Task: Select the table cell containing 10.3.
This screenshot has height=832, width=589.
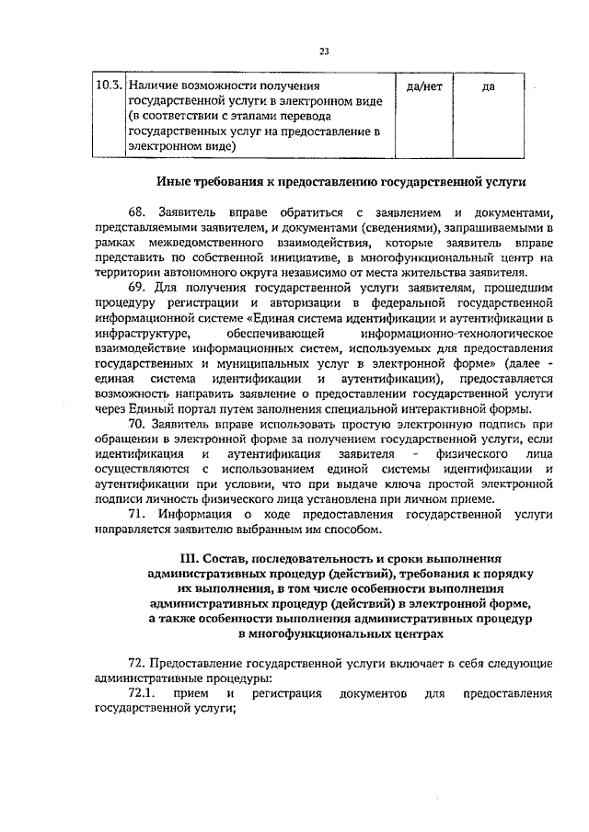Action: (x=110, y=85)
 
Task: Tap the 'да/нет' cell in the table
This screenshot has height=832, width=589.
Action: (x=423, y=85)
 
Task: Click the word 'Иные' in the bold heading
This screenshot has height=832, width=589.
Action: (x=174, y=181)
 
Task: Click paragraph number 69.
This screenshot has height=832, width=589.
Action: (x=137, y=287)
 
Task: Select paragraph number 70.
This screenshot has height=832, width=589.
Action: (x=137, y=424)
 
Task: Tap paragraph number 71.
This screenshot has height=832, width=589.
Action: (x=137, y=514)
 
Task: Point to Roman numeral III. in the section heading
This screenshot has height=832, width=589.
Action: (x=191, y=558)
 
